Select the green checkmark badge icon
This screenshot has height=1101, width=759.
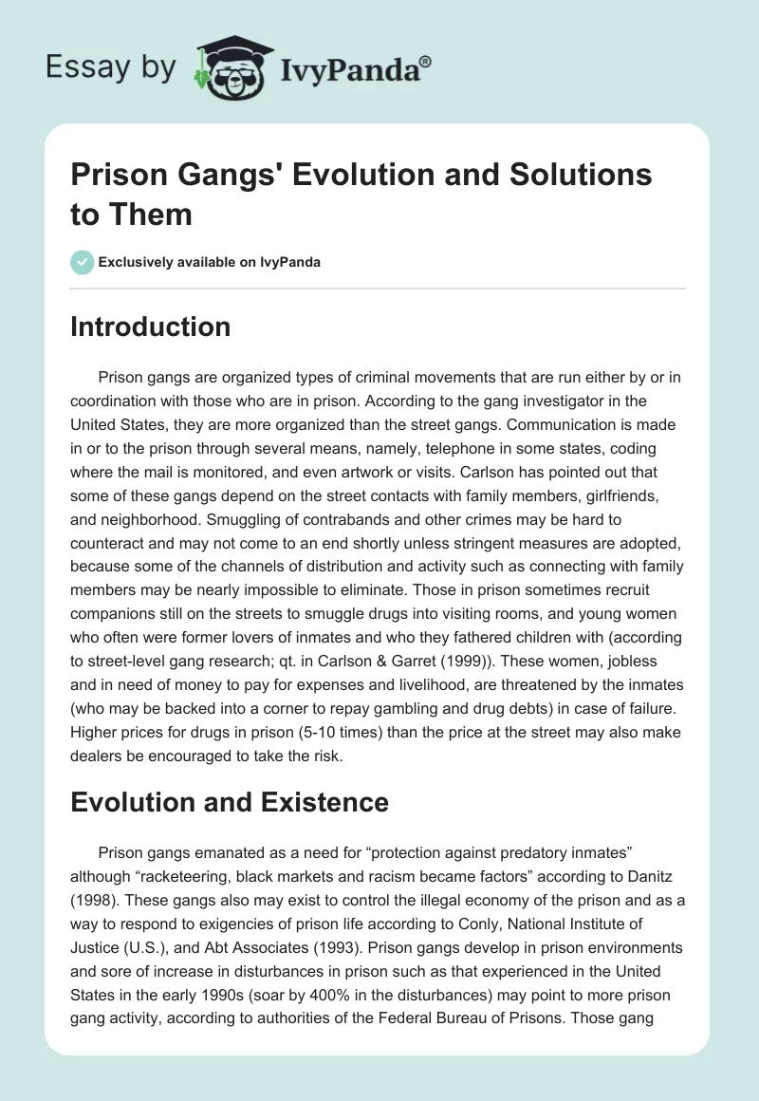(x=82, y=262)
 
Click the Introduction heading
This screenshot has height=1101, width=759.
(x=151, y=327)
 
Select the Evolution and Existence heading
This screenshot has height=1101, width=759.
(x=230, y=802)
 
